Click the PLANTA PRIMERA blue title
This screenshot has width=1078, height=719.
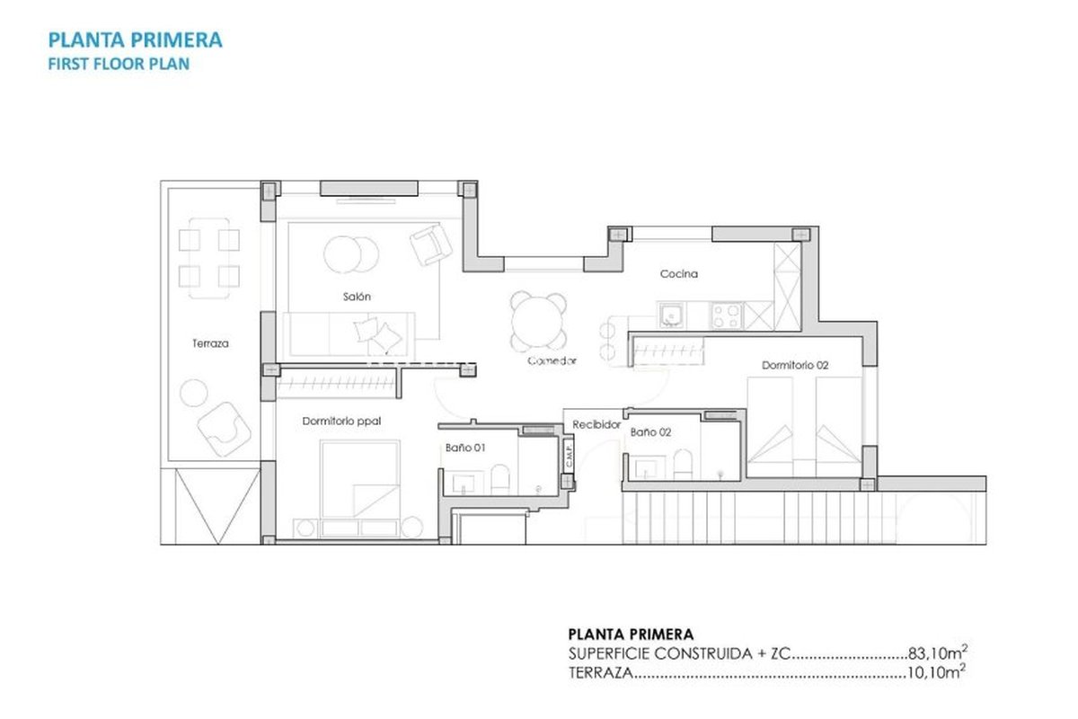(136, 40)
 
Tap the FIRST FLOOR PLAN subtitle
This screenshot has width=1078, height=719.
(119, 64)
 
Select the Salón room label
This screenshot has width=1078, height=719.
(357, 297)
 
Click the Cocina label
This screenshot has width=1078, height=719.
(678, 274)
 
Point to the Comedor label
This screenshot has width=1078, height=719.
(552, 360)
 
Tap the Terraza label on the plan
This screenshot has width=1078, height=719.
(210, 343)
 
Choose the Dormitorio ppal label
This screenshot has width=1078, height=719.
(341, 422)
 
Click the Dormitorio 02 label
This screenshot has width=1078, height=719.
(795, 366)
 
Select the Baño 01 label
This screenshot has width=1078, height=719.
(465, 448)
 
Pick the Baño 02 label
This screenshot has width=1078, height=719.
(650, 432)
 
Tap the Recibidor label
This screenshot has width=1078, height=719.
(596, 425)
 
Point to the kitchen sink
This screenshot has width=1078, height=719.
(670, 315)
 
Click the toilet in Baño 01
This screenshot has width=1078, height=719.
(500, 479)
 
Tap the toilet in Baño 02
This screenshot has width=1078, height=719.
(683, 465)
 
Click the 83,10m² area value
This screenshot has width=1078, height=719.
(938, 652)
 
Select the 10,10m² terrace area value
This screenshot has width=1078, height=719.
(936, 671)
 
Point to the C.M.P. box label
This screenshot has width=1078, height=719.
(569, 454)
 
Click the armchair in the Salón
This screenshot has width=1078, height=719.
(430, 244)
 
